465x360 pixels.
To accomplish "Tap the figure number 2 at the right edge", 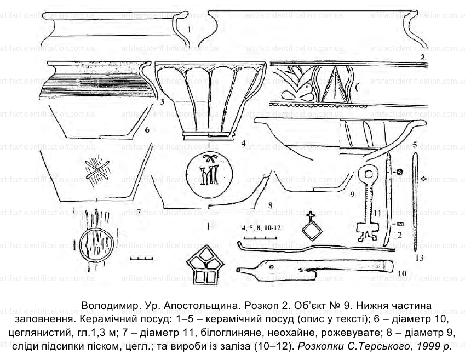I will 422,56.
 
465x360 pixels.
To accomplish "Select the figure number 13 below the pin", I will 420,257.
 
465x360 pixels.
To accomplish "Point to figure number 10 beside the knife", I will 401,272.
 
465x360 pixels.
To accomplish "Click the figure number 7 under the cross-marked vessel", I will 139,211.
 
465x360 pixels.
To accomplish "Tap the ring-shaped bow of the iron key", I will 368,175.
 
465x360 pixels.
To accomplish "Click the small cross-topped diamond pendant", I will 312,227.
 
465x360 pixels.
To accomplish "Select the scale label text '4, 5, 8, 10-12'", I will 257,227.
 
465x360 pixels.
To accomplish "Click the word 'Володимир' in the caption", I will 108,305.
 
